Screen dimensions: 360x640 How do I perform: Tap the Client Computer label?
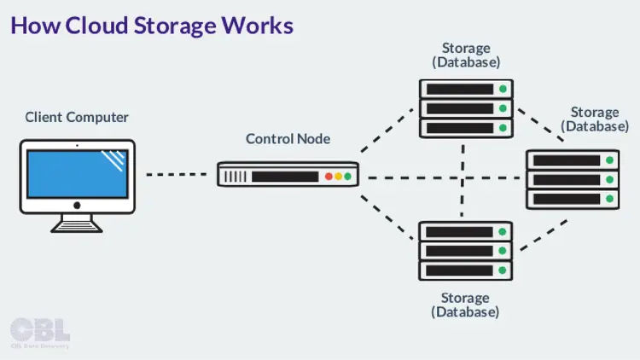click(77, 117)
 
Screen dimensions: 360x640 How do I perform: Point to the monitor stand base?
click(77, 226)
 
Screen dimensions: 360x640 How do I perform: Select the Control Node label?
click(288, 138)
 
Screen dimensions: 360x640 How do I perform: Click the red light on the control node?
click(329, 177)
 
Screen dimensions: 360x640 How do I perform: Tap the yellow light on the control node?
click(338, 177)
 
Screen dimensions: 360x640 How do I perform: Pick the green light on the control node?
click(347, 177)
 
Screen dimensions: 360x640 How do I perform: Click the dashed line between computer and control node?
click(176, 176)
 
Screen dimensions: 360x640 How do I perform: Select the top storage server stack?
click(466, 108)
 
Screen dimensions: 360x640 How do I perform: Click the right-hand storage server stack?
click(572, 179)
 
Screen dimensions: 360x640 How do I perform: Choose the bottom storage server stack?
click(466, 251)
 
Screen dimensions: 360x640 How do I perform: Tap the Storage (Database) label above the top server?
click(466, 55)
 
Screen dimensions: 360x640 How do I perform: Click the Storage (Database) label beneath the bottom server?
click(466, 305)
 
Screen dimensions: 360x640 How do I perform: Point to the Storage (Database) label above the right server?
click(595, 119)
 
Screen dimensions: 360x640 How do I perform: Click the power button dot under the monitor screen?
click(77, 206)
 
